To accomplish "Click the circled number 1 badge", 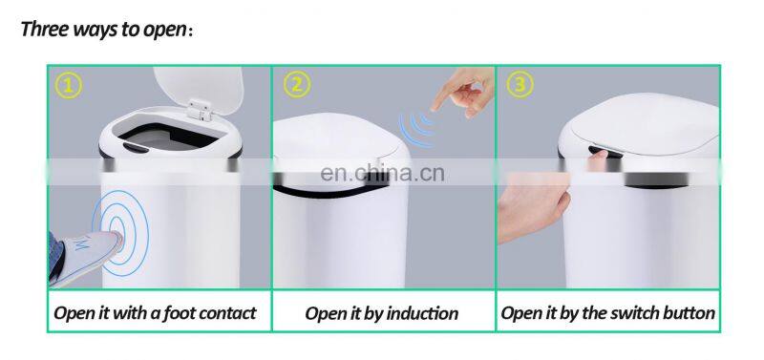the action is coord(68,86).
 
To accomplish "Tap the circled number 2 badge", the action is coord(297,85).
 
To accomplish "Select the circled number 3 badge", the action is coord(520,85).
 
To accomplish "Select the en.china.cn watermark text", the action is coord(383,174).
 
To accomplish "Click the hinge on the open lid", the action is coord(202,110).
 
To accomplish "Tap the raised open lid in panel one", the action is coord(200,90).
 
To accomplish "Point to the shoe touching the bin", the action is coord(84,256).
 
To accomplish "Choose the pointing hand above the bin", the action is coord(463,93).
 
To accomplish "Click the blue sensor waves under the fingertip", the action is coord(415,129).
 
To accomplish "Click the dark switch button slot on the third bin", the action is coord(605,152).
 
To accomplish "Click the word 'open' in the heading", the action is coord(164,31).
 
